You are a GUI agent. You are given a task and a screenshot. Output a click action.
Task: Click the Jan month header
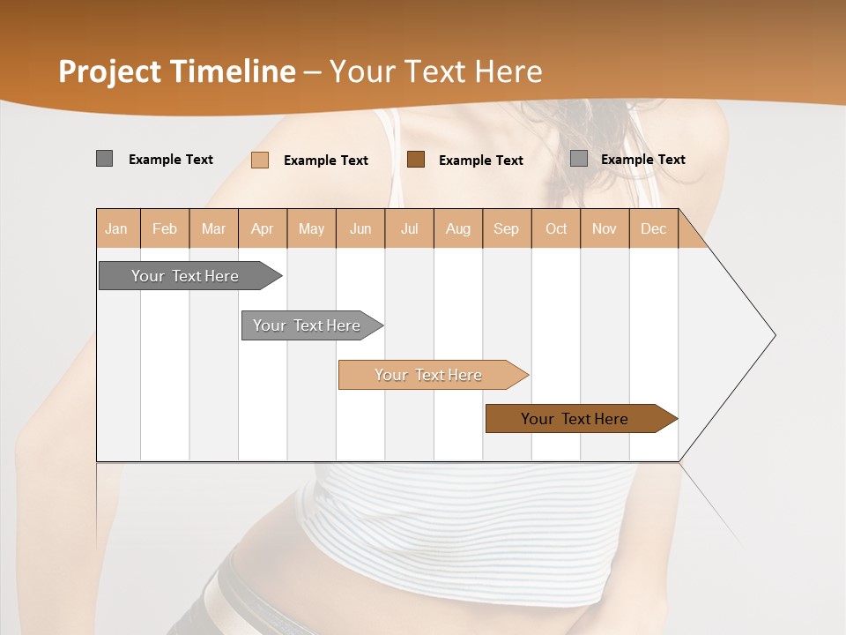tap(117, 228)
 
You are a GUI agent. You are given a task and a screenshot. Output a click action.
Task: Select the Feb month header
tap(165, 228)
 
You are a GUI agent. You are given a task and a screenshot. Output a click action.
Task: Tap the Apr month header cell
tap(263, 228)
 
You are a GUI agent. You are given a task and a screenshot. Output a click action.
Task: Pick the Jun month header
tap(360, 228)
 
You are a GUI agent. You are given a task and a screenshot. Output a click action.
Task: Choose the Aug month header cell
tap(458, 228)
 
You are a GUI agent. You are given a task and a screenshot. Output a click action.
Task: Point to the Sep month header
tap(507, 228)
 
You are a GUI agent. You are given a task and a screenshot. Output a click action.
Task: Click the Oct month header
tap(556, 228)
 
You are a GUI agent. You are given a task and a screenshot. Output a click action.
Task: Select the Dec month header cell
tap(654, 228)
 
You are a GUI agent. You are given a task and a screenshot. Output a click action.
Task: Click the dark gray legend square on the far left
tap(104, 159)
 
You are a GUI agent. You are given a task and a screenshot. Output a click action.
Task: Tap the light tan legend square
tap(260, 160)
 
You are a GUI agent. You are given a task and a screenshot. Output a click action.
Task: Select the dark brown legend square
tap(416, 160)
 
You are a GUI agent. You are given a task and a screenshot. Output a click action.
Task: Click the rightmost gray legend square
tap(579, 159)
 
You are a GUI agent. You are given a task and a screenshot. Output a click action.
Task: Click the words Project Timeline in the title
tap(177, 71)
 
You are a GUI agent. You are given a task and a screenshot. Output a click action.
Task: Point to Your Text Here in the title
tap(435, 71)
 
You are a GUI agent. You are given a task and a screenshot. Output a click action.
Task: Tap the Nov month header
tap(605, 228)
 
